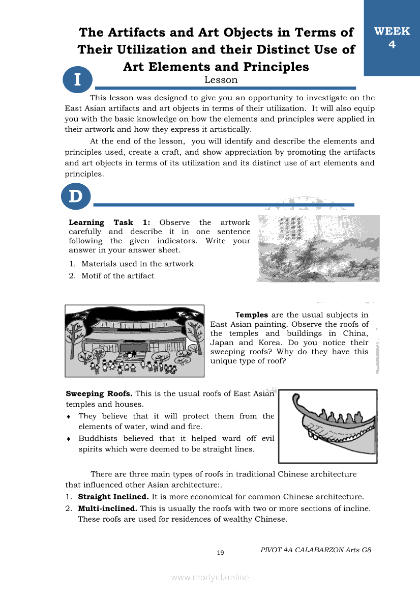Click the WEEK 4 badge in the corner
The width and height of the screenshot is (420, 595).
[x=392, y=38]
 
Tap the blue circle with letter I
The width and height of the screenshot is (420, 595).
[x=77, y=80]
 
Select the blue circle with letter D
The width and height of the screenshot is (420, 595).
[x=76, y=197]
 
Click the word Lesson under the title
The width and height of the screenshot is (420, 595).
[x=221, y=80]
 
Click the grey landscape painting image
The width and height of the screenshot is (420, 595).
[x=319, y=248]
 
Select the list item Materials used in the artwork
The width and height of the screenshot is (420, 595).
[x=137, y=264]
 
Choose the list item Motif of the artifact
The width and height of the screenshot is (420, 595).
[x=117, y=276]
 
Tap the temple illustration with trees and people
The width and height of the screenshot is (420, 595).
[x=135, y=341]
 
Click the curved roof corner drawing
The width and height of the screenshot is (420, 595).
[x=328, y=426]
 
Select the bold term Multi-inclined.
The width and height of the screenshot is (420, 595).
[x=107, y=508]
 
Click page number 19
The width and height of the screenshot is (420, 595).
[x=221, y=553]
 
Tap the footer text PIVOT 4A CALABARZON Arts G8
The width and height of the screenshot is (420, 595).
[x=316, y=550]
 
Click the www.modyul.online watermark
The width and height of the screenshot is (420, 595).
[x=210, y=577]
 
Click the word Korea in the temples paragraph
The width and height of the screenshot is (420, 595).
[x=277, y=343]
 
